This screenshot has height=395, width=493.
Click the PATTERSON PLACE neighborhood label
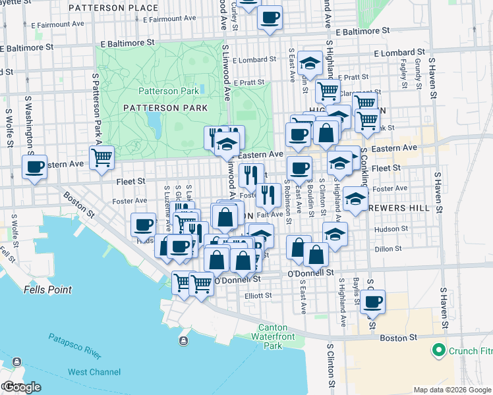122,8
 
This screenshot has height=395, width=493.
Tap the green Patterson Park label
167,91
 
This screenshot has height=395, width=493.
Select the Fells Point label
24,289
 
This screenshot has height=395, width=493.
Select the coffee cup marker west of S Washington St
35,167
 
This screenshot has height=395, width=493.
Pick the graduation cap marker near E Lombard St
308,63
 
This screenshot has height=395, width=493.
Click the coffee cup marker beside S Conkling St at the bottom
372,302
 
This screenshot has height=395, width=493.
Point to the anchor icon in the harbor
183,340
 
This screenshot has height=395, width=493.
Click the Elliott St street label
258,296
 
